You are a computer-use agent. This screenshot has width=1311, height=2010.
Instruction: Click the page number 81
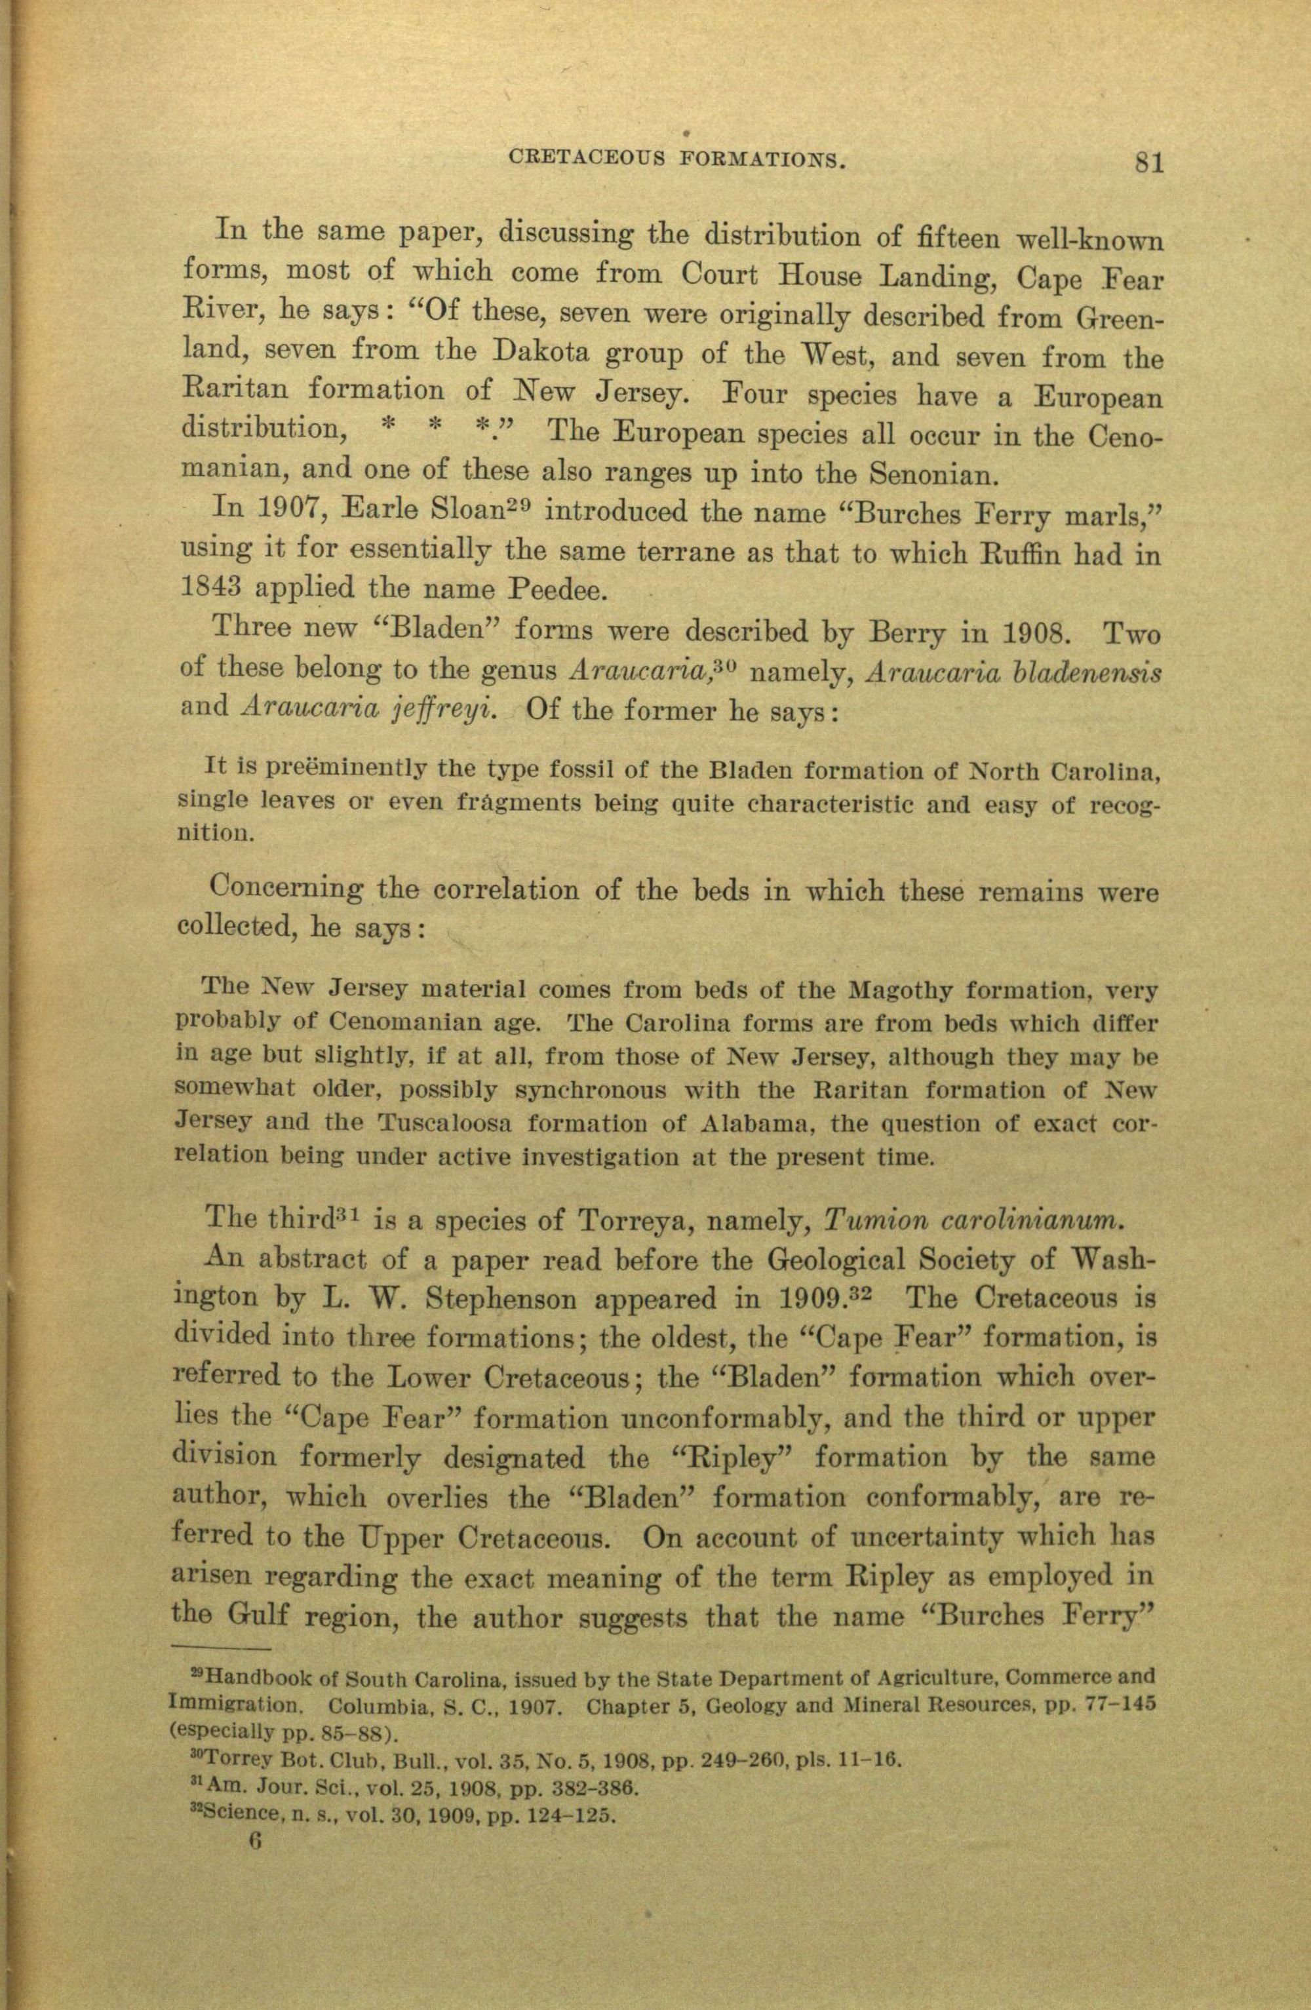click(1150, 161)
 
